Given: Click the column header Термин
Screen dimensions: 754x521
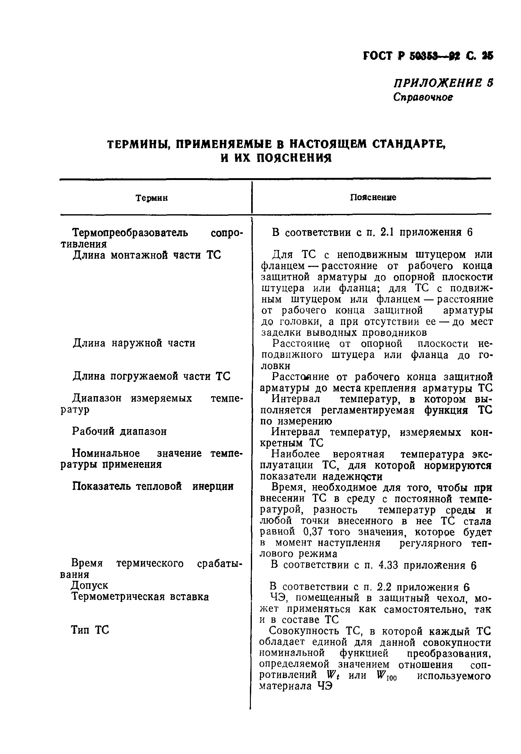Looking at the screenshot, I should pyautogui.click(x=152, y=198).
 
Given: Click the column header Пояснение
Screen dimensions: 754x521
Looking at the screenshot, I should pyautogui.click(x=373, y=197).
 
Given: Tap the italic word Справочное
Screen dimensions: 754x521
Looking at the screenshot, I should pyautogui.click(x=423, y=97).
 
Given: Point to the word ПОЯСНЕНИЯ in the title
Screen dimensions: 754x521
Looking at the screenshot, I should pyautogui.click(x=294, y=159).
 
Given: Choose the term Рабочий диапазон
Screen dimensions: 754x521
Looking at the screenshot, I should pyautogui.click(x=119, y=432).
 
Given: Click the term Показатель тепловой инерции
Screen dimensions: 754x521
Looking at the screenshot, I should pyautogui.click(x=152, y=486).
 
